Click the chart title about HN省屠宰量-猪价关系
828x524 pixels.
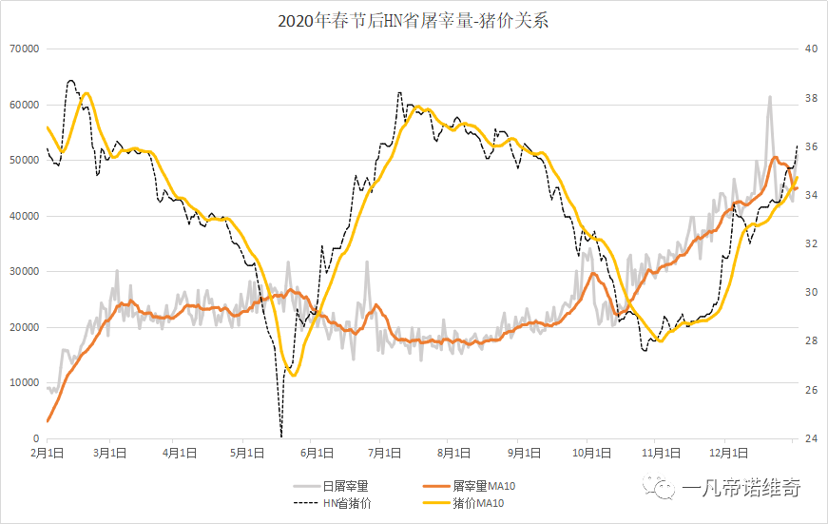[414, 20]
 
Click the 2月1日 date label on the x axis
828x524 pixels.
[48, 454]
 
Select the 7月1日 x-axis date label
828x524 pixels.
[385, 454]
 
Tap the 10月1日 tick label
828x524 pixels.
[588, 454]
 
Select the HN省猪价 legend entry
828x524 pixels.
[347, 504]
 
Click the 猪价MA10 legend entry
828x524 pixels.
[482, 504]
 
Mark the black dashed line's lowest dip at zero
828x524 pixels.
[281, 436]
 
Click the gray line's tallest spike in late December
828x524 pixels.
[769, 97]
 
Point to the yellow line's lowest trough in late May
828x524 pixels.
[293, 375]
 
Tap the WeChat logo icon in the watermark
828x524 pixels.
[659, 488]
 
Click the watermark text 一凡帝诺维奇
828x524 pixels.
[741, 488]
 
